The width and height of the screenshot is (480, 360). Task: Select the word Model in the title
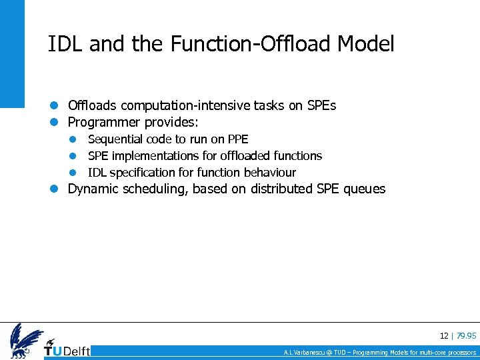366,44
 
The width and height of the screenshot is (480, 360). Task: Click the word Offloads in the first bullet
93,106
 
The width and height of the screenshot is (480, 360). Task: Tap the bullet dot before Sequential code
75,139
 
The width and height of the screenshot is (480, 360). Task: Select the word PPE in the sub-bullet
237,139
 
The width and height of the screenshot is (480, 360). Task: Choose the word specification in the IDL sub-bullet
143,173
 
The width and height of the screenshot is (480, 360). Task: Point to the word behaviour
269,173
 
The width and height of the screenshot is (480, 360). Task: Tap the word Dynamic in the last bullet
93,189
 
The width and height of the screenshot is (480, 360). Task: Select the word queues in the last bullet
363,189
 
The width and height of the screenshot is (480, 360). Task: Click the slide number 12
444,336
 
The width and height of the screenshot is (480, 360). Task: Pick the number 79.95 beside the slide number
467,336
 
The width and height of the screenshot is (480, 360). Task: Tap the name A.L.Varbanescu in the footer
304,352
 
